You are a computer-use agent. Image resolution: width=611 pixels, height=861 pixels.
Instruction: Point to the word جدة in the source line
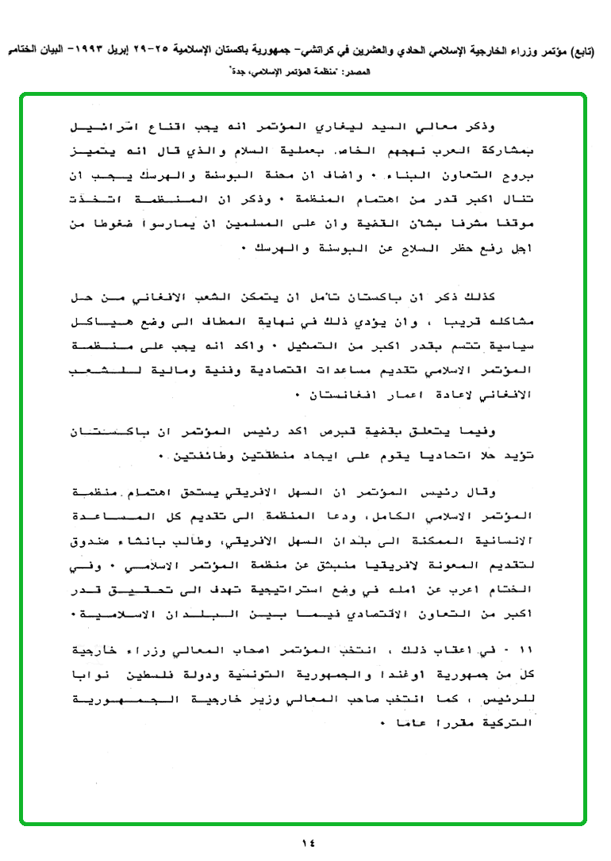236,72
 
